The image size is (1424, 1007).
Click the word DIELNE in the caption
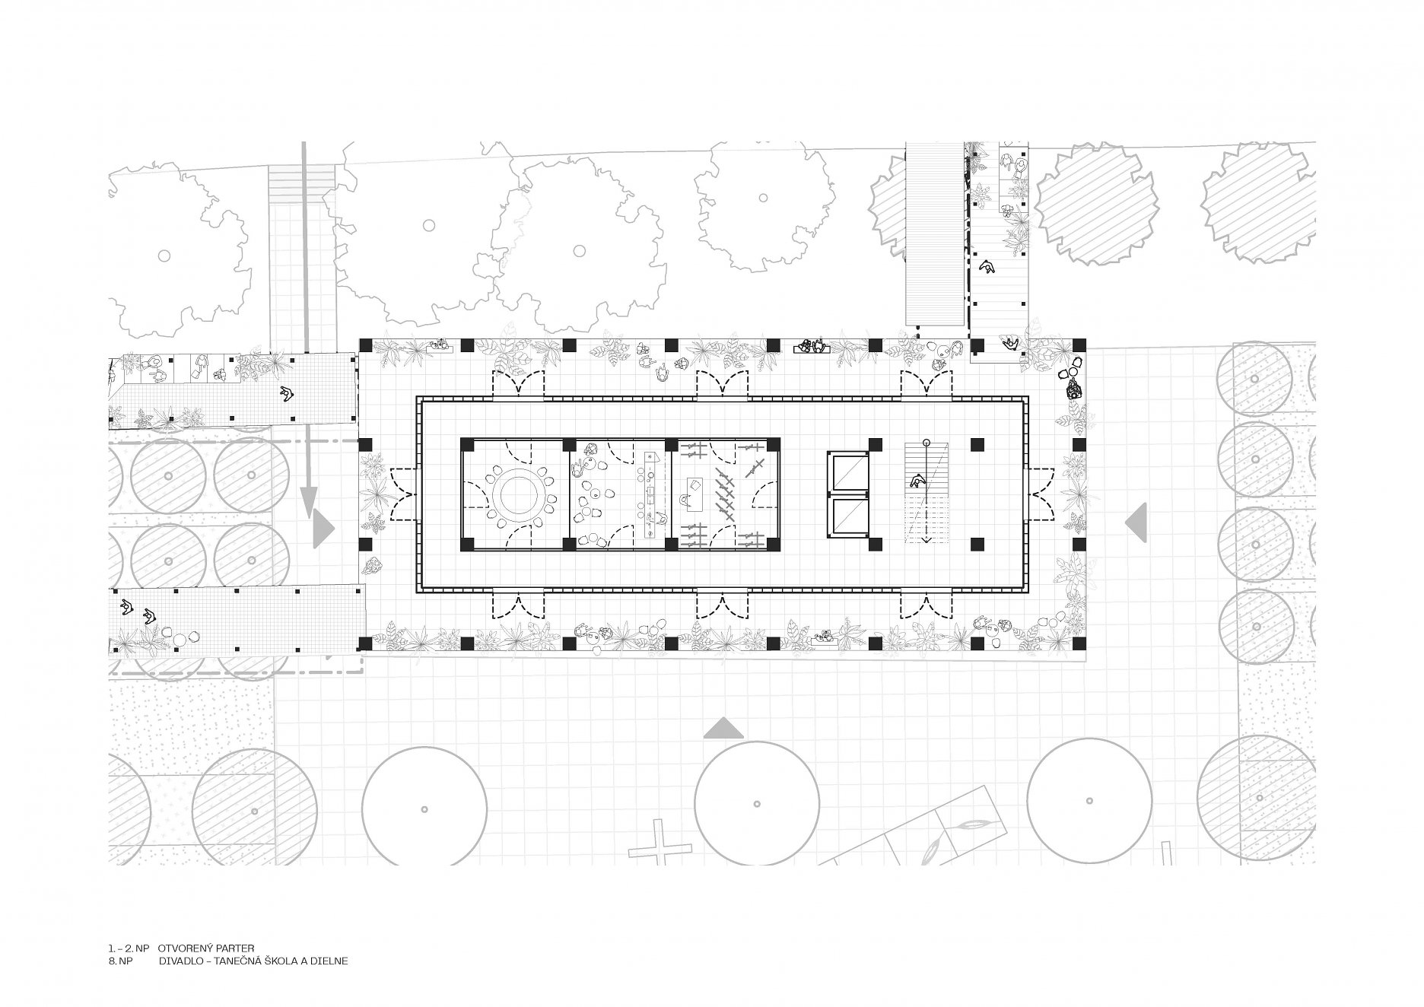click(330, 961)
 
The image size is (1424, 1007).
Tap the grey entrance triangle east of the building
click(1136, 522)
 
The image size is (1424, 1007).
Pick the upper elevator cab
click(848, 475)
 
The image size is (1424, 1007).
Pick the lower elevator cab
click(848, 517)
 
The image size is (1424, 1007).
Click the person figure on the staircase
click(918, 480)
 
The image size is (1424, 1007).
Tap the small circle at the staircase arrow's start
click(926, 442)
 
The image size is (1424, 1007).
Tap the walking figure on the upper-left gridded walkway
click(288, 393)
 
